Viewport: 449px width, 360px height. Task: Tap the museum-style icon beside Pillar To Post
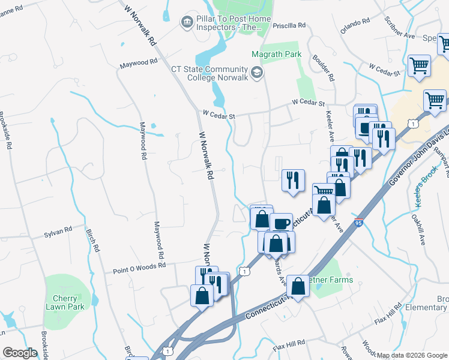point(187,22)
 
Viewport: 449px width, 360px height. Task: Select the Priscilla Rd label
point(289,26)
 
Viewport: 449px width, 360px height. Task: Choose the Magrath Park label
point(280,54)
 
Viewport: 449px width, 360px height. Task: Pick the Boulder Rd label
point(322,67)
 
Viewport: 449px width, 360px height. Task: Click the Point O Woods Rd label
point(139,268)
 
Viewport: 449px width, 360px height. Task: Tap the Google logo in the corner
point(20,352)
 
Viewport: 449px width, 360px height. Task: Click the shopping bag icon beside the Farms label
point(298,286)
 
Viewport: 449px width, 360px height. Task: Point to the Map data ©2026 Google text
point(412,355)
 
